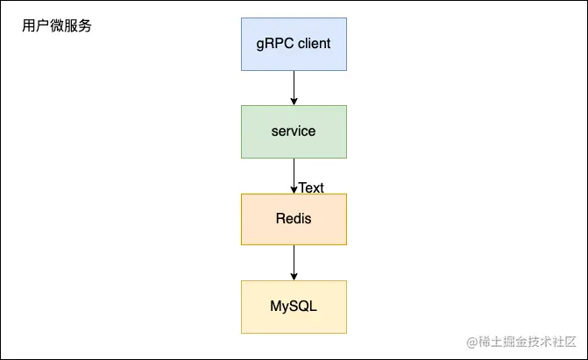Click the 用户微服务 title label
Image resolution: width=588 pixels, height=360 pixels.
click(x=57, y=26)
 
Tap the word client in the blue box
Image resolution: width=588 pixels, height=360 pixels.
click(x=313, y=43)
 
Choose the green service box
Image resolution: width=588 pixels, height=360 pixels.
click(x=294, y=131)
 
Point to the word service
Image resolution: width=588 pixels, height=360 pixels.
click(x=294, y=131)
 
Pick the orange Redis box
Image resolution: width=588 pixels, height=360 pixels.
click(x=294, y=219)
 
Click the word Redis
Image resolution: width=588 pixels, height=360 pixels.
click(x=294, y=218)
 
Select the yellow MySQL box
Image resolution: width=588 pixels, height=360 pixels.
click(x=294, y=307)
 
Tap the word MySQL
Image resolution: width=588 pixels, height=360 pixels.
click(x=294, y=307)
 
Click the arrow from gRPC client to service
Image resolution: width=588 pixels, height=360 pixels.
click(x=294, y=86)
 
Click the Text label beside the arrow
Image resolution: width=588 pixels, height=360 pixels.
click(x=311, y=187)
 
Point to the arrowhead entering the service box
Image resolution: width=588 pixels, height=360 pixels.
click(x=294, y=101)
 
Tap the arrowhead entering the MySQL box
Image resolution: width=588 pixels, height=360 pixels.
click(x=294, y=276)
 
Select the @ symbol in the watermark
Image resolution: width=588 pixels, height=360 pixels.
click(x=471, y=342)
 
